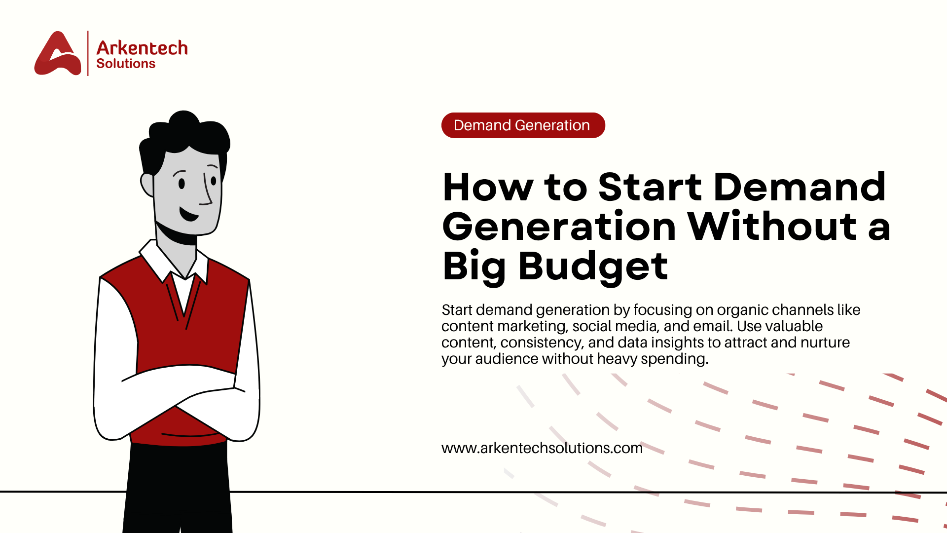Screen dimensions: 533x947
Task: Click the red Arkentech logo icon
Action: tap(57, 54)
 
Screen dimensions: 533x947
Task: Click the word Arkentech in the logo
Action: tap(142, 48)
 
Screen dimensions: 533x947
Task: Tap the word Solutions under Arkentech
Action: tap(126, 64)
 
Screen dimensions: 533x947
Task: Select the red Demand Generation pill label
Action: tap(523, 125)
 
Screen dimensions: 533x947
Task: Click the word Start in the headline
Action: tap(650, 188)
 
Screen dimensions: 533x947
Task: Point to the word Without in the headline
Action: tap(772, 227)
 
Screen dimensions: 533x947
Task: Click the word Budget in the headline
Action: tap(593, 266)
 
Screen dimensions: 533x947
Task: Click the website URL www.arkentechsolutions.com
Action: tap(542, 448)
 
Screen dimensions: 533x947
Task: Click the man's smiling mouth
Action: tap(189, 215)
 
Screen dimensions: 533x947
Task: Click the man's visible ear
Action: tap(147, 185)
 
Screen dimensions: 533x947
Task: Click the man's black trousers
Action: tap(178, 489)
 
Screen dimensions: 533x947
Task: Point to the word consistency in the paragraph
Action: tap(541, 343)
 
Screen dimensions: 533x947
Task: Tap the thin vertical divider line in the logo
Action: tap(88, 53)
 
